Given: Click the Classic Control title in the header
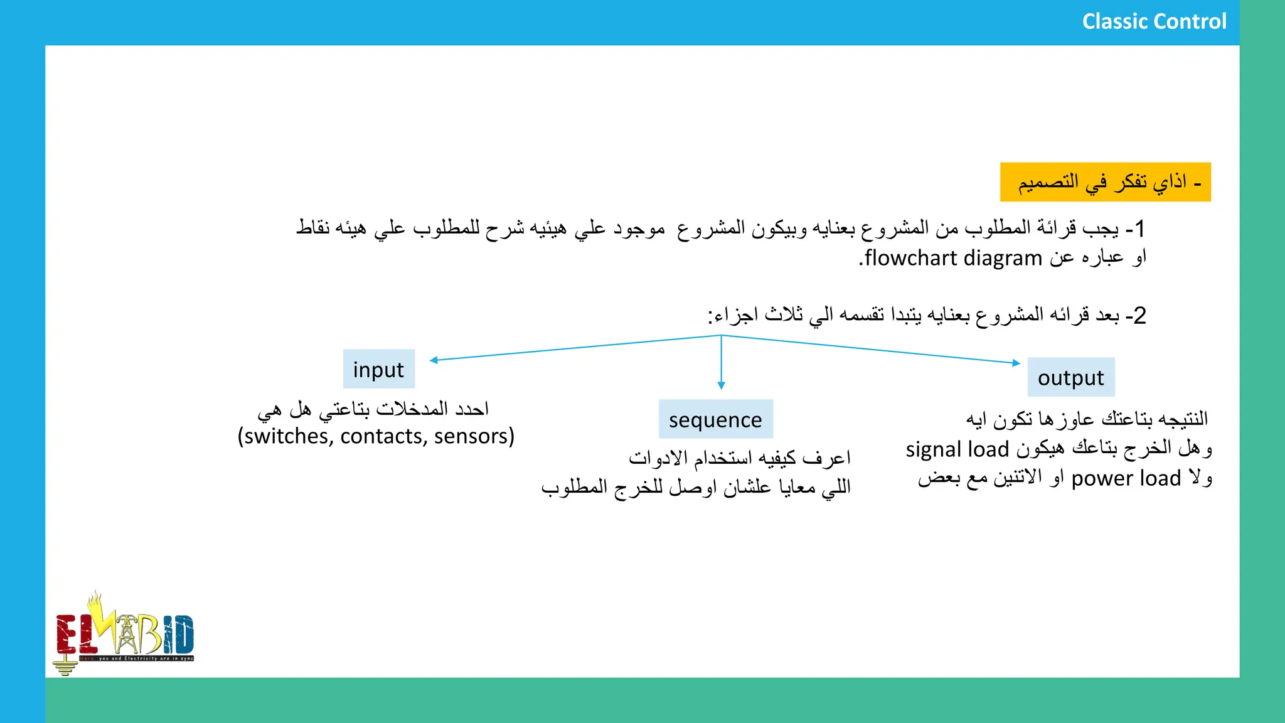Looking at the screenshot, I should (x=1154, y=22).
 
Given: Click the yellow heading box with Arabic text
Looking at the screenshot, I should (x=1105, y=183).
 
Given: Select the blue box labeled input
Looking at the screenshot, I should (x=378, y=369).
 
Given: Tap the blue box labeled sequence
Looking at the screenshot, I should (x=715, y=419).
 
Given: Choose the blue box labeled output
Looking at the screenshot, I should (x=1070, y=377).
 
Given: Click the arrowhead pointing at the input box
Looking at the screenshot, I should (x=434, y=360).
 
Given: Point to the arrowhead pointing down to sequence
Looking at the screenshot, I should (x=721, y=385).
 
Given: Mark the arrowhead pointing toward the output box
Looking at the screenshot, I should (x=1016, y=363).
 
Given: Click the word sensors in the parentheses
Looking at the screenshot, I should (x=472, y=436).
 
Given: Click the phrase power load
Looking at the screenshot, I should (x=1126, y=478).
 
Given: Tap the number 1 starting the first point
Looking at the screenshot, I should (x=1140, y=228).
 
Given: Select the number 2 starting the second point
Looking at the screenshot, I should (x=1140, y=315).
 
